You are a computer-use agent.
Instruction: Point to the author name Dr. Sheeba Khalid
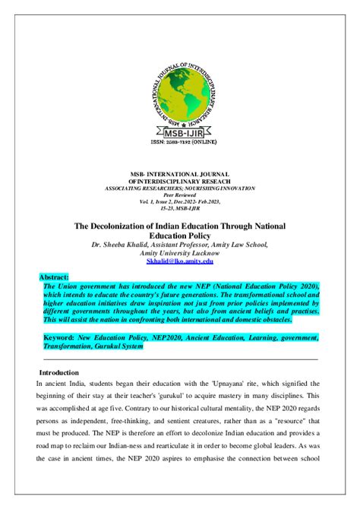coord(123,245)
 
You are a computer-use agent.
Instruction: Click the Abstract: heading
coord(59,278)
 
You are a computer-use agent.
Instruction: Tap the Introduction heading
coord(58,373)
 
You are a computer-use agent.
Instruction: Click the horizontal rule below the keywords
coord(179,359)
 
